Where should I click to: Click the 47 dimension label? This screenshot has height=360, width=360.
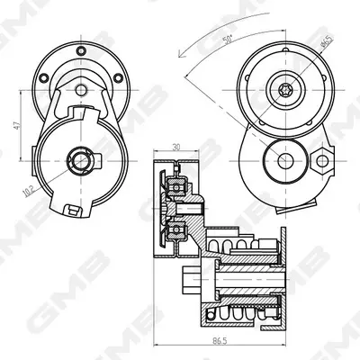17,125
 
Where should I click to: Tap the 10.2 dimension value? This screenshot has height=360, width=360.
30,192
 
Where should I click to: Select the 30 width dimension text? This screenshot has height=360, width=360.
176,147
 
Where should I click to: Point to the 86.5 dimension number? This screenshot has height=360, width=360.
220,341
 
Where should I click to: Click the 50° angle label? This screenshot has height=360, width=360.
228,40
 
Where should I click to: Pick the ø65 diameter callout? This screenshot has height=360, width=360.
327,41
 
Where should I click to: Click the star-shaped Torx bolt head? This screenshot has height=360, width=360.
283,90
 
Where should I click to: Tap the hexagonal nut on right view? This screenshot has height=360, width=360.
321,161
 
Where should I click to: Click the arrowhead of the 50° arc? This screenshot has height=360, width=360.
181,54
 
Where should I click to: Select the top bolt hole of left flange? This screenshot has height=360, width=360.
81,51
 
